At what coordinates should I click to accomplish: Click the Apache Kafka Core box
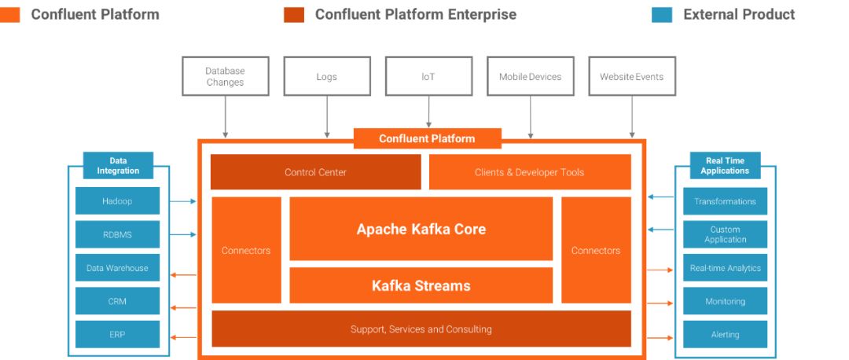[x=421, y=229]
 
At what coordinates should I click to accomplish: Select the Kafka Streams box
[x=421, y=285]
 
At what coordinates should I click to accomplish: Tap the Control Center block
[x=316, y=172]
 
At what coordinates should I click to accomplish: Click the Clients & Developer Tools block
[x=530, y=172]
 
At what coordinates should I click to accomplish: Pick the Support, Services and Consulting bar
[x=421, y=329]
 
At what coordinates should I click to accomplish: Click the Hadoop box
[x=117, y=201]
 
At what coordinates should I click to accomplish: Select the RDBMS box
[x=117, y=234]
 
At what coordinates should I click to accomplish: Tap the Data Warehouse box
[x=117, y=268]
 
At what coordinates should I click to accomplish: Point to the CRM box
[x=117, y=301]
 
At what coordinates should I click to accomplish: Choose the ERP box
[x=117, y=335]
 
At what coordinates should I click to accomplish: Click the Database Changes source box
[x=226, y=76]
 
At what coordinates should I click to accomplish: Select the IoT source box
[x=429, y=76]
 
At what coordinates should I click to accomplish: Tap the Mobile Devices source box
[x=531, y=76]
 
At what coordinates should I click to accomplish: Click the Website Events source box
[x=632, y=76]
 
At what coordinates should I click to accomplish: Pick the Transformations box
[x=725, y=201]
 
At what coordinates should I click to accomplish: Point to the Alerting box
[x=725, y=335]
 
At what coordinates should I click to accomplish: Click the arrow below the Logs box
[x=327, y=117]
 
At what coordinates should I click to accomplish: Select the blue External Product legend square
[x=662, y=15]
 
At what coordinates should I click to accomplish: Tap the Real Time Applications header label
[x=725, y=166]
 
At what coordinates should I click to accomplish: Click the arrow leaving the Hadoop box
[x=183, y=201]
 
